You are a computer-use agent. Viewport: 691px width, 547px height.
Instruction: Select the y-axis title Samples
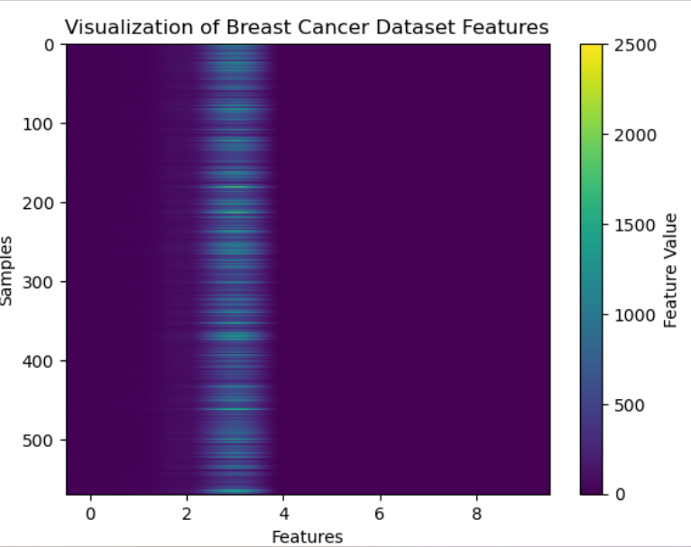7,270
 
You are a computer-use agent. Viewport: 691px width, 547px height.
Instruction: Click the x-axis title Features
308,537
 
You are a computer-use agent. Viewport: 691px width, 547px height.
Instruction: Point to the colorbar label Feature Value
669,270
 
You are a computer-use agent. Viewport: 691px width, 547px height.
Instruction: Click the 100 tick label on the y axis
41,123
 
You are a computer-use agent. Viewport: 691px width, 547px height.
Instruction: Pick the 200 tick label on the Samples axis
41,203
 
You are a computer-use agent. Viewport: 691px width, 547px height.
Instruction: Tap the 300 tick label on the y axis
41,282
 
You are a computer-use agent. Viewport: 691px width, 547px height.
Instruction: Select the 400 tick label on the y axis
41,361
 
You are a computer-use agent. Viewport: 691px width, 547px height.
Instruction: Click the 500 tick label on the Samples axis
41,440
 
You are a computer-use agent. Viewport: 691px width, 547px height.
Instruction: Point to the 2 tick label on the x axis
187,515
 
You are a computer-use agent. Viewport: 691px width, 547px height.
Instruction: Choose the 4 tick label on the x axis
283,515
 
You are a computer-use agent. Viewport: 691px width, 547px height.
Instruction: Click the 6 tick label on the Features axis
380,515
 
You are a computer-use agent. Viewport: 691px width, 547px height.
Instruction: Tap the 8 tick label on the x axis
477,515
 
